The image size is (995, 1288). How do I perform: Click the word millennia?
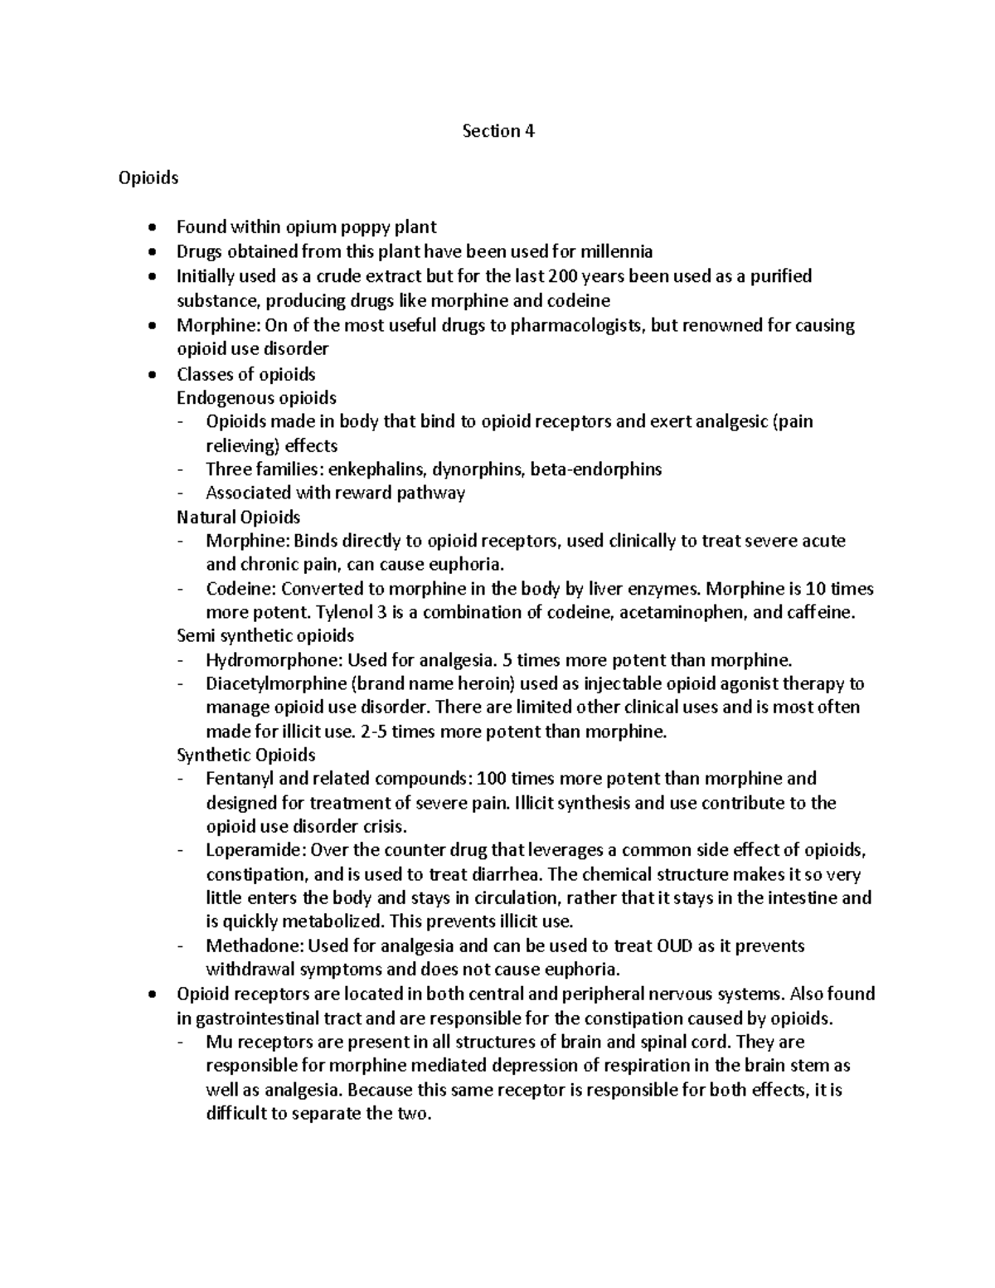coord(616,251)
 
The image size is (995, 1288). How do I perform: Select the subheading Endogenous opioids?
coord(256,397)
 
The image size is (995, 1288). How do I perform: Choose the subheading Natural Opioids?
coord(239,518)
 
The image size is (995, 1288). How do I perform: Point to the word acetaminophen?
coord(692,613)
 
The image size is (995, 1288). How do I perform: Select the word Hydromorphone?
coord(273,660)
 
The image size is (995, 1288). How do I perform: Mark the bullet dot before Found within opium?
coord(149,228)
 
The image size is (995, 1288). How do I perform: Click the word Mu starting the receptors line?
coord(218,1043)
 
